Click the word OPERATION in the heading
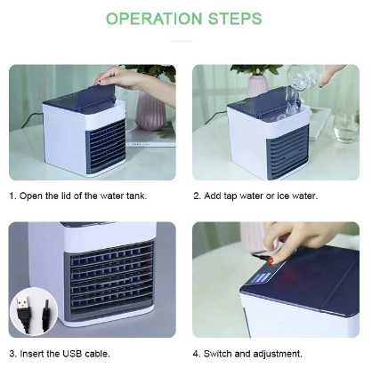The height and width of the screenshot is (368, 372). [x=154, y=19]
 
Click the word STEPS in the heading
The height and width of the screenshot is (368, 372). [x=235, y=19]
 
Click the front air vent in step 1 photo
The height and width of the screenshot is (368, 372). [x=106, y=146]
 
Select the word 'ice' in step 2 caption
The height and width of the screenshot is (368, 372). [x=283, y=196]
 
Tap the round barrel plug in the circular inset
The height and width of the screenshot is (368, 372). [x=46, y=312]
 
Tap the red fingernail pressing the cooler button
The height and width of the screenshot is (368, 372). [x=271, y=261]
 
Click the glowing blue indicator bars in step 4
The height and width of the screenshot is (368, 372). [x=261, y=279]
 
